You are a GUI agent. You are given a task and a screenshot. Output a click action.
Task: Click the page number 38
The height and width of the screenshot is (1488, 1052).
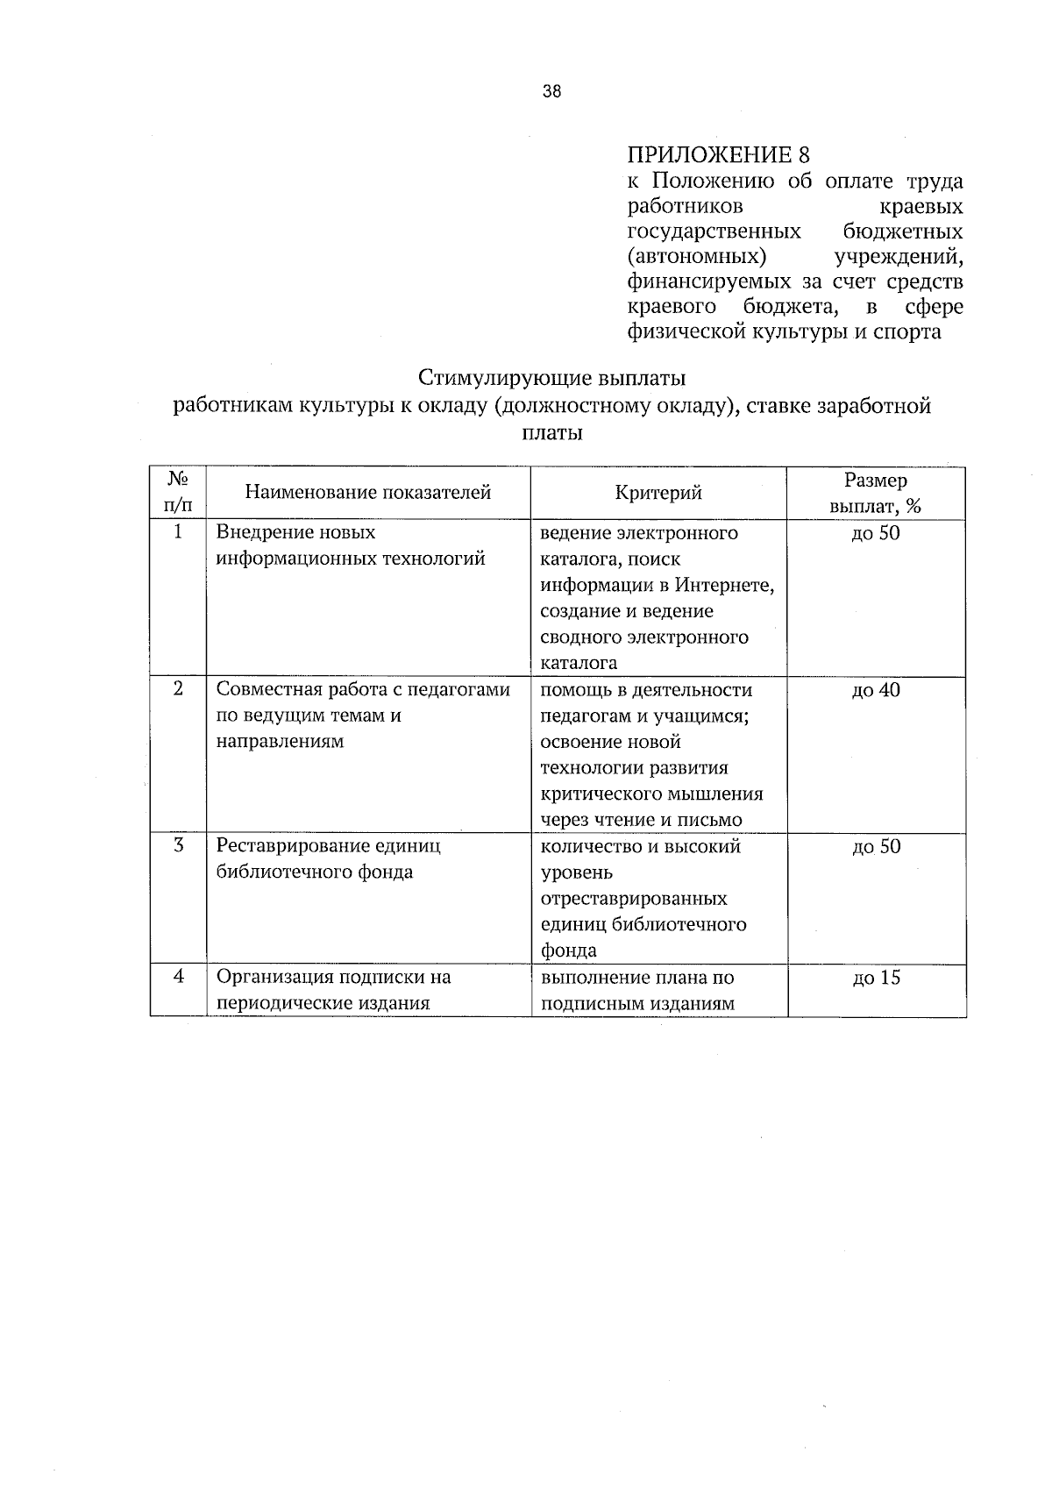(551, 92)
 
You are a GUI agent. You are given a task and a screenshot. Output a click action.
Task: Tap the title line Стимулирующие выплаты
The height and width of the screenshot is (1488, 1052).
(551, 379)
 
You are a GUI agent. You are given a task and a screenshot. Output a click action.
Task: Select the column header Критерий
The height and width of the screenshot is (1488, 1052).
(658, 493)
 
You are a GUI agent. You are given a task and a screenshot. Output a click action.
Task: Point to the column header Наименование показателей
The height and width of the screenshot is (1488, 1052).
(368, 493)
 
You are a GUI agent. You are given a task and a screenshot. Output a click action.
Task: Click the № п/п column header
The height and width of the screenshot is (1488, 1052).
(178, 493)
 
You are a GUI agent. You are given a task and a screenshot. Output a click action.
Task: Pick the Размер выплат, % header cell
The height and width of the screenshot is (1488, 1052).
(876, 493)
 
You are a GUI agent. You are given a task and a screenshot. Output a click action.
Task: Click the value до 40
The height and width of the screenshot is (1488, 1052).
(876, 690)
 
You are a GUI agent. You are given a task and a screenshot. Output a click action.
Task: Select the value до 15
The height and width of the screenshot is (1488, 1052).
(876, 978)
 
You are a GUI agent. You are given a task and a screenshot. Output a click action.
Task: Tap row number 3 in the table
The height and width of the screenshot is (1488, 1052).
(178, 846)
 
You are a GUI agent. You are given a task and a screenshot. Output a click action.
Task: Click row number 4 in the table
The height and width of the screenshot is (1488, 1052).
(178, 977)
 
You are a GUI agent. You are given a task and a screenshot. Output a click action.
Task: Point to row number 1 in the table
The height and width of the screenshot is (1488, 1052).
(178, 532)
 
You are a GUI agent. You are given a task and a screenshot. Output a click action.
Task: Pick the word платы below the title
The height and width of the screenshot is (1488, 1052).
(551, 433)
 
